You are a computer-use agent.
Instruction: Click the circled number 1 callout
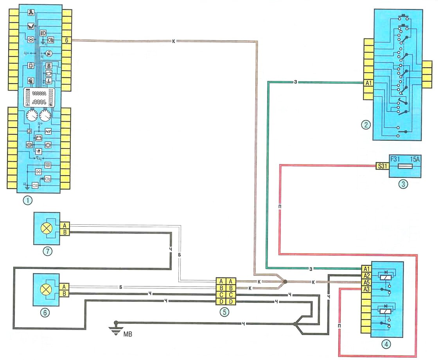click(x=27, y=201)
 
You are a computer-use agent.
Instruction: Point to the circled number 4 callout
click(x=386, y=344)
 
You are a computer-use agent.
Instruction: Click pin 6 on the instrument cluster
click(x=67, y=40)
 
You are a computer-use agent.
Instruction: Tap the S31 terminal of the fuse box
click(x=381, y=166)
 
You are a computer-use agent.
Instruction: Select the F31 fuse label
click(x=395, y=159)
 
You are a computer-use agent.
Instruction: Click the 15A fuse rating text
click(x=415, y=159)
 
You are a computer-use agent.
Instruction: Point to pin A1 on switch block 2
click(x=368, y=83)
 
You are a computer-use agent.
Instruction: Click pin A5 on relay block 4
click(x=366, y=282)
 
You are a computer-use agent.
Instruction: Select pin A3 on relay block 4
click(x=366, y=289)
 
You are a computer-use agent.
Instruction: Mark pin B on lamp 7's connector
click(x=65, y=233)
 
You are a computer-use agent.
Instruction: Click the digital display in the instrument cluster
click(x=38, y=98)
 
